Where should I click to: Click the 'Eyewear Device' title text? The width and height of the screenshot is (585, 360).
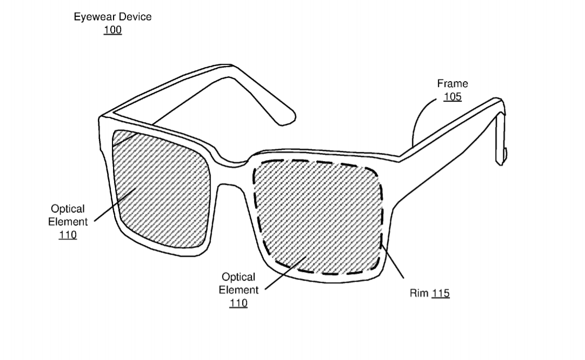point(112,17)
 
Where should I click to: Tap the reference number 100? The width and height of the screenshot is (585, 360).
point(112,30)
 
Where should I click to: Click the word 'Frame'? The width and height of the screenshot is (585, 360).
point(453,84)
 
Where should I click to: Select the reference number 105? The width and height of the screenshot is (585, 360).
point(453,97)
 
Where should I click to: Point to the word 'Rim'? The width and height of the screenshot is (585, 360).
point(419,293)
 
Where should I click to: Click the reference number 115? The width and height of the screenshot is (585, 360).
point(441,293)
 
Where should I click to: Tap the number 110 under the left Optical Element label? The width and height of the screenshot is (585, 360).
point(68,235)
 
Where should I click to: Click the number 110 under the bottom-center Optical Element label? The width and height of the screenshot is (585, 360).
point(238,303)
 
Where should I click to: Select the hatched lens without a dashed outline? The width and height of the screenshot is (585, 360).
point(161,189)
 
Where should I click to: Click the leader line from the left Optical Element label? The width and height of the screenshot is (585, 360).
point(115,205)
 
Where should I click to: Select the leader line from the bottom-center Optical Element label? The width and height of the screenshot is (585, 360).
point(285,273)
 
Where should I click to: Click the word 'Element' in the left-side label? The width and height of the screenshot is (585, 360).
point(68,222)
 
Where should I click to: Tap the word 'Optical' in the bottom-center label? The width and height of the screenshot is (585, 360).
point(238,277)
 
